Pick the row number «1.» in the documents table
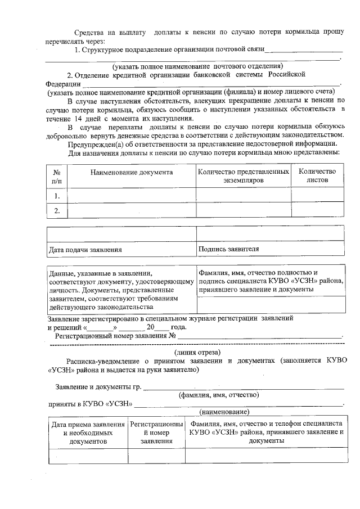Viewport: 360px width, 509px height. [x=56, y=196]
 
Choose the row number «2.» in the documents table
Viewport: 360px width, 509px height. [x=56, y=210]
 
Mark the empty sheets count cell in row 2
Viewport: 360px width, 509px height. [x=317, y=210]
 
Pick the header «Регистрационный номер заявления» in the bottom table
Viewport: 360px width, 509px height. [x=156, y=433]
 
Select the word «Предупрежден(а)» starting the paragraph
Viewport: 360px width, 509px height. [x=93, y=145]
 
